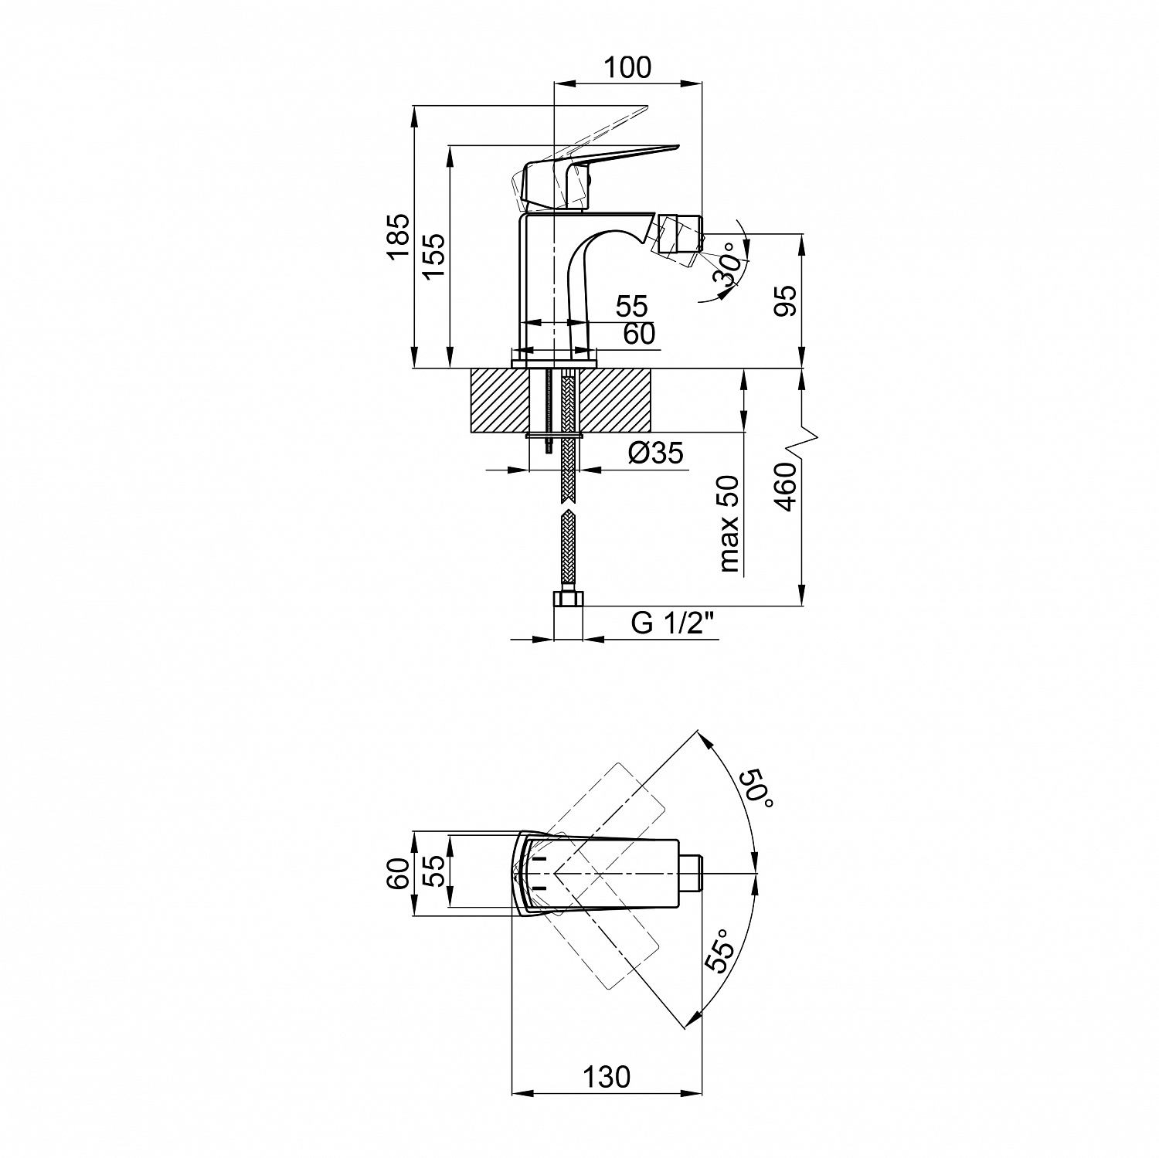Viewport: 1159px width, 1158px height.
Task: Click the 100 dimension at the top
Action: pos(627,68)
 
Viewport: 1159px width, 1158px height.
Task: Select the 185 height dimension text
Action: pos(397,236)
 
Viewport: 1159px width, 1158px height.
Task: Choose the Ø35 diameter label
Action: pos(656,453)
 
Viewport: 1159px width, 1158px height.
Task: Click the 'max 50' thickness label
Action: pos(729,524)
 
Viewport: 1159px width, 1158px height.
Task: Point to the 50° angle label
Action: pos(756,789)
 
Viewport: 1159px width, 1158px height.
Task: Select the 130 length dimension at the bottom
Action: pos(607,1077)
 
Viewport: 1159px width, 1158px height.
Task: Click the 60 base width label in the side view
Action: pos(639,334)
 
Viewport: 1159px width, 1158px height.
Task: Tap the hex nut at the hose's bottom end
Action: pos(569,599)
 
